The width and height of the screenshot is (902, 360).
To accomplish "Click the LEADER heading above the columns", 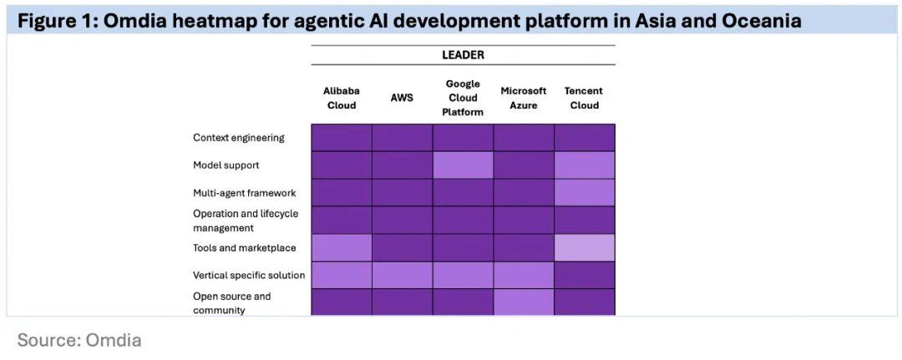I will (x=463, y=55).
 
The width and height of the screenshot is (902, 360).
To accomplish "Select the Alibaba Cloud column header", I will (x=341, y=98).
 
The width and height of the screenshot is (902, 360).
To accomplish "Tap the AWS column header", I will (x=402, y=98).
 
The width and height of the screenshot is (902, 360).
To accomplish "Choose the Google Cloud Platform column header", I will (x=463, y=98).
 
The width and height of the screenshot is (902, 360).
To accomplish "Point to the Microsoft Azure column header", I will (x=524, y=98).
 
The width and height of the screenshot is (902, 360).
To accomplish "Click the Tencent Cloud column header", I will (x=584, y=98).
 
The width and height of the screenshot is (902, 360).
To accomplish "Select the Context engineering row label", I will (x=239, y=138).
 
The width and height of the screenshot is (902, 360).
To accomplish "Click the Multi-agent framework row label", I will (x=245, y=193).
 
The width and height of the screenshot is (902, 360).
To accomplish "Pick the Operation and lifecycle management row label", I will (x=246, y=221).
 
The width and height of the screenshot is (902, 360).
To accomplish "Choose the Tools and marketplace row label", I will (x=243, y=248).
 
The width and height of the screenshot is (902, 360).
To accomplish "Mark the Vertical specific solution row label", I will (x=249, y=275).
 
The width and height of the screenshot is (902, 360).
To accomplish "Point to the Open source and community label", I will (x=232, y=302).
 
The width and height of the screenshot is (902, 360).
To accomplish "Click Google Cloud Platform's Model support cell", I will (x=463, y=165).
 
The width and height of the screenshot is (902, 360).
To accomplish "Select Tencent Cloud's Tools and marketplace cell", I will (x=585, y=248).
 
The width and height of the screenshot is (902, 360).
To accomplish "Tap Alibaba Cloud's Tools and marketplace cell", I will (x=342, y=248).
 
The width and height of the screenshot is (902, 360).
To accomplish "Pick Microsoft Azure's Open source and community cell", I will (x=524, y=302).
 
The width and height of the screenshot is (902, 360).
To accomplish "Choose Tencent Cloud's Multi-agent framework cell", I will (x=585, y=193).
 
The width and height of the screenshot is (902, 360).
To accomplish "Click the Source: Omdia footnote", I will (x=79, y=340).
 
